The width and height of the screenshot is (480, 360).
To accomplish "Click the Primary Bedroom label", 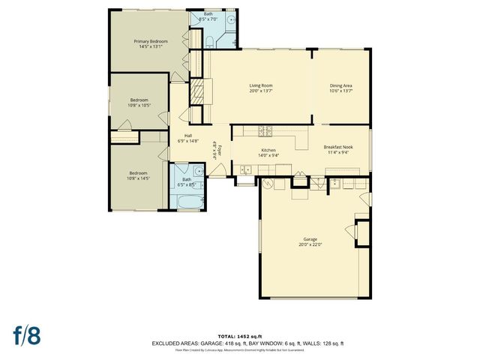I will (x=150, y=40).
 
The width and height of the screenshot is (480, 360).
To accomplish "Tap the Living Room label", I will (x=260, y=85).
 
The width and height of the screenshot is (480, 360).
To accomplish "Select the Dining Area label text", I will (x=341, y=85).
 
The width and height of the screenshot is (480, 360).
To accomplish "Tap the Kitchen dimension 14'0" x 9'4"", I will (x=268, y=155).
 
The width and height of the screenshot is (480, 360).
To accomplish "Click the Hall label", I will (x=188, y=135).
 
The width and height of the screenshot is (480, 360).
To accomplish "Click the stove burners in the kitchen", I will (x=265, y=131).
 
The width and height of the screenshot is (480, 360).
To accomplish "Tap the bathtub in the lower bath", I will (x=187, y=200).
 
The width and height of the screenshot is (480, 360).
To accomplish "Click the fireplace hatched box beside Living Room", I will (x=199, y=94).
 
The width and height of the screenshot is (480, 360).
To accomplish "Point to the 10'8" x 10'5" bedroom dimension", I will (x=139, y=105).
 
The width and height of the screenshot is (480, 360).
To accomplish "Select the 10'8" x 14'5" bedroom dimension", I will (x=139, y=178).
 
